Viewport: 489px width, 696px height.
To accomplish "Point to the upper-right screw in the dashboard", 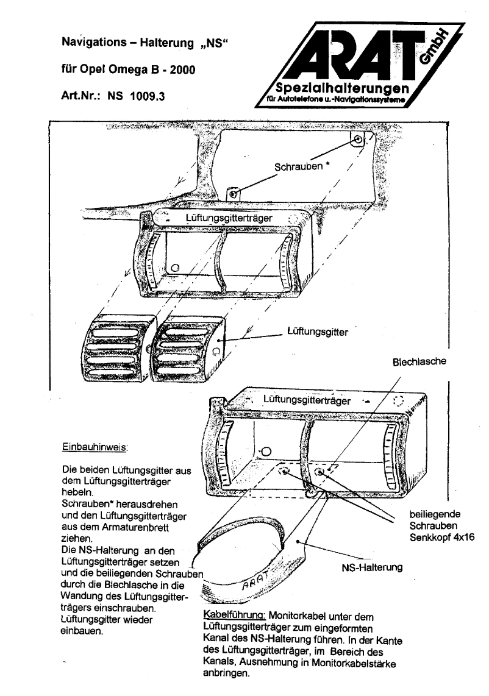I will [358, 140].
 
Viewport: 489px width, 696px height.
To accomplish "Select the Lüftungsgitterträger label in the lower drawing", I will [307, 400].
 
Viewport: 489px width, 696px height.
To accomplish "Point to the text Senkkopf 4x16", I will [441, 536].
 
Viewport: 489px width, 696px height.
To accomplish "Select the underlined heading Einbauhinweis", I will [94, 447].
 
